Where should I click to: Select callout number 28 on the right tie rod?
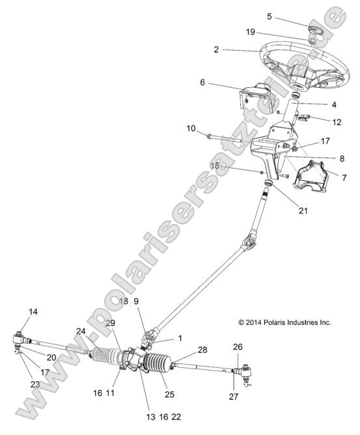click(202, 350)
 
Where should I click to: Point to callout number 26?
click(238, 346)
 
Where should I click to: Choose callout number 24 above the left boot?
click(81, 331)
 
